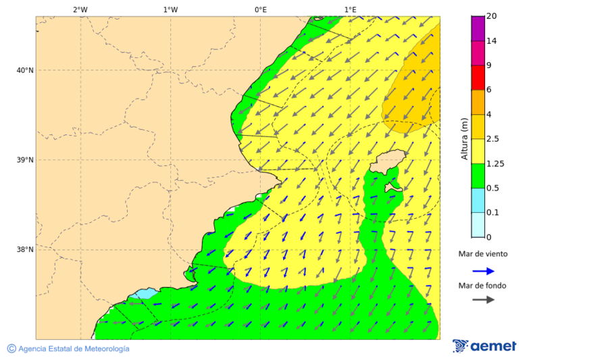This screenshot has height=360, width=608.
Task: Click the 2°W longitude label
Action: (80, 9)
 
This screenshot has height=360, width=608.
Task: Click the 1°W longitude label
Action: (170, 9)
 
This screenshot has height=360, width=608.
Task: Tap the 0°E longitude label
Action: (260, 9)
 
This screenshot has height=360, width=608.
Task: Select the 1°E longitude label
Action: (350, 9)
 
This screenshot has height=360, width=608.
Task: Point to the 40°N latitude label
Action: (25, 70)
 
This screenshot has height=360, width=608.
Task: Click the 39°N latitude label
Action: (25, 160)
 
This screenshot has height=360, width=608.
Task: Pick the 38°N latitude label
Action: (25, 250)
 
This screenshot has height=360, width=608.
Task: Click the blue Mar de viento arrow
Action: (483, 271)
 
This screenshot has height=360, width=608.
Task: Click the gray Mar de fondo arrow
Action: (483, 300)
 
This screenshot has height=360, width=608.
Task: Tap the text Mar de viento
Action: (483, 255)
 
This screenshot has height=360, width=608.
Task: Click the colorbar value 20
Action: (492, 16)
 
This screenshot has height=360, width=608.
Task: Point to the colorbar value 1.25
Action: (495, 163)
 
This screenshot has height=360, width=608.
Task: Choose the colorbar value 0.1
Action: (493, 213)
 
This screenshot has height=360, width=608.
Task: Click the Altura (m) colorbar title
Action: (464, 138)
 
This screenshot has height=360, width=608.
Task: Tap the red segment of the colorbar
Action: (478, 78)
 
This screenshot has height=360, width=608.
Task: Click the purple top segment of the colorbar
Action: (478, 28)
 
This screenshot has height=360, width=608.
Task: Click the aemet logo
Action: (484, 346)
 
